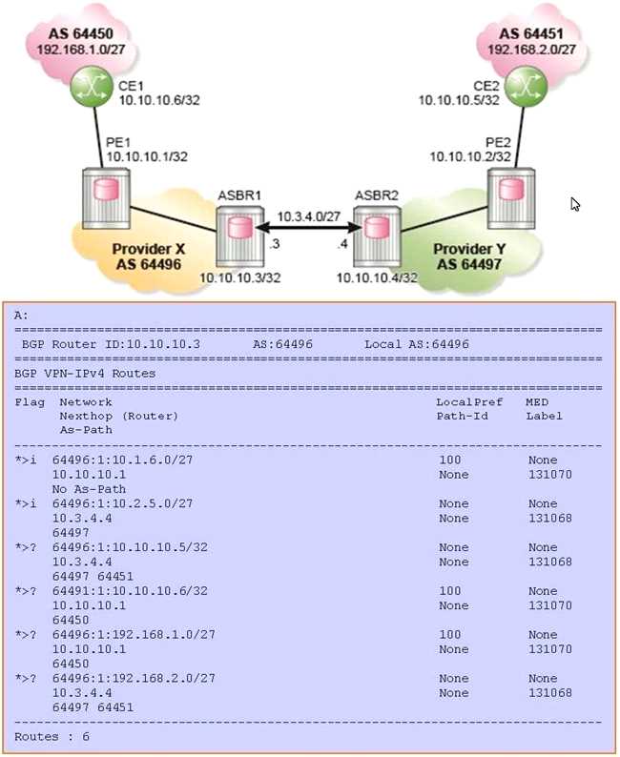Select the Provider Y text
point(465,250)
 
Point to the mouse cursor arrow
point(575,204)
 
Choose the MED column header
point(537,402)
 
